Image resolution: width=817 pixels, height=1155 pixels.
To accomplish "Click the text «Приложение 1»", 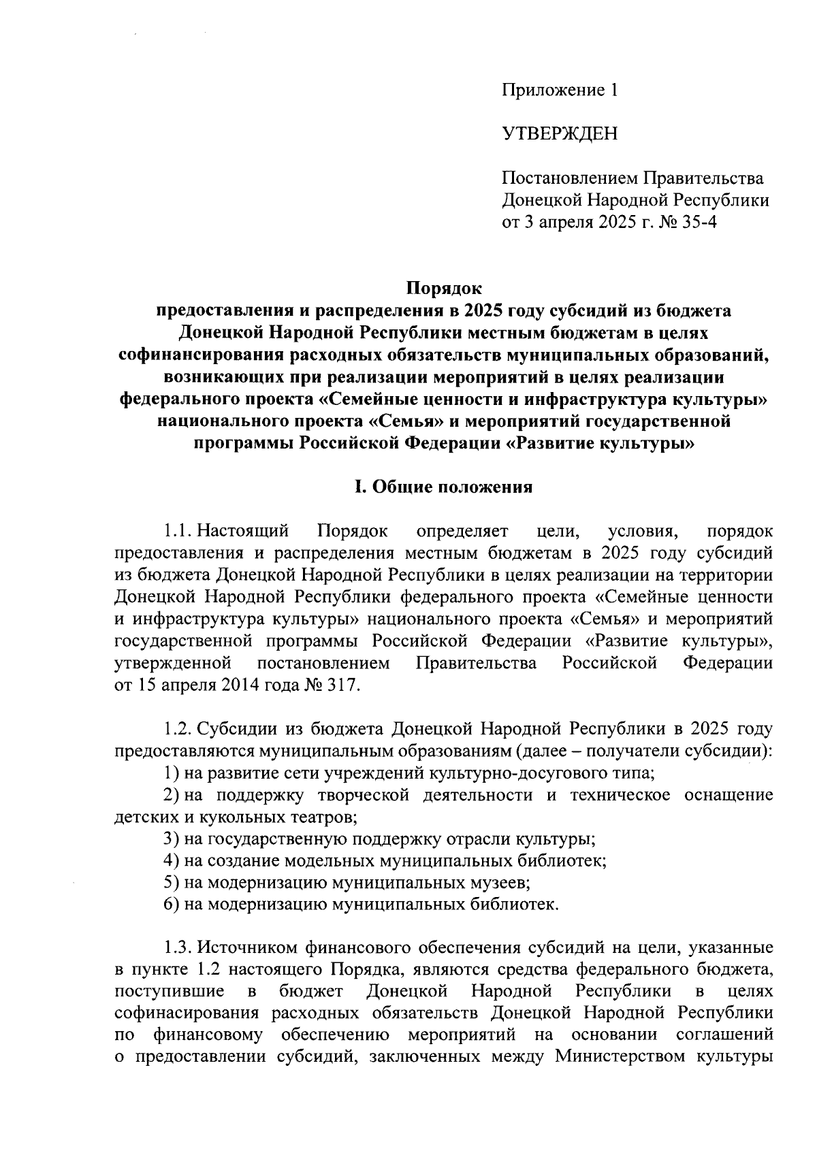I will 560,91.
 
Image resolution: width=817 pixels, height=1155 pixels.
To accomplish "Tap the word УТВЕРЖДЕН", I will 560,134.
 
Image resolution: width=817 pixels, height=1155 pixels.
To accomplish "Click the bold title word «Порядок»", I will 444,289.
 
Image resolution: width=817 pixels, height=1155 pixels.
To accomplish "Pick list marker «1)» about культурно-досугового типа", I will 171,773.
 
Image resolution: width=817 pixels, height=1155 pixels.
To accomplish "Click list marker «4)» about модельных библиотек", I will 171,860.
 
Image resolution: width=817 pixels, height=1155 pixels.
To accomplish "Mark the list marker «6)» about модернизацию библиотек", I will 171,905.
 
